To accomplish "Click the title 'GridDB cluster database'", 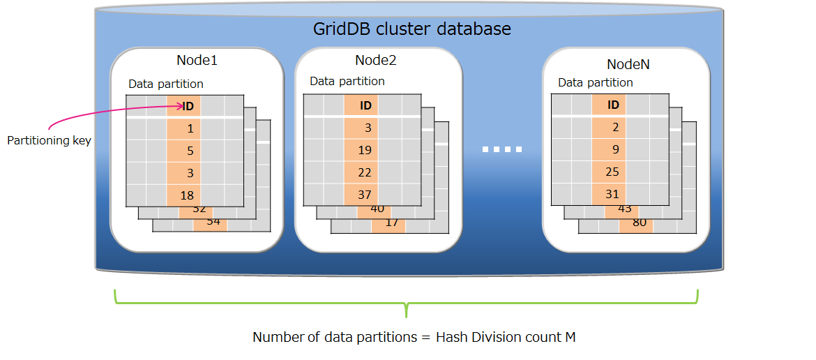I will [x=411, y=29].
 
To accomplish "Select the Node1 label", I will [x=197, y=61].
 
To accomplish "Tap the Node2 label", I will [x=375, y=61].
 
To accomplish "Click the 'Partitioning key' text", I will [x=49, y=140].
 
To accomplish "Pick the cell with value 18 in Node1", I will [x=186, y=195].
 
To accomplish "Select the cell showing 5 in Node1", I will [x=190, y=151].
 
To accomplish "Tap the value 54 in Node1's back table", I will [x=213, y=221].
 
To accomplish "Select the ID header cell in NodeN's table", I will [x=613, y=105].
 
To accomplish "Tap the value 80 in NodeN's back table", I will [x=639, y=223].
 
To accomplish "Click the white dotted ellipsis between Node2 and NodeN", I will [x=502, y=149].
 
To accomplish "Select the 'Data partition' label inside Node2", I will [x=347, y=81].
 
